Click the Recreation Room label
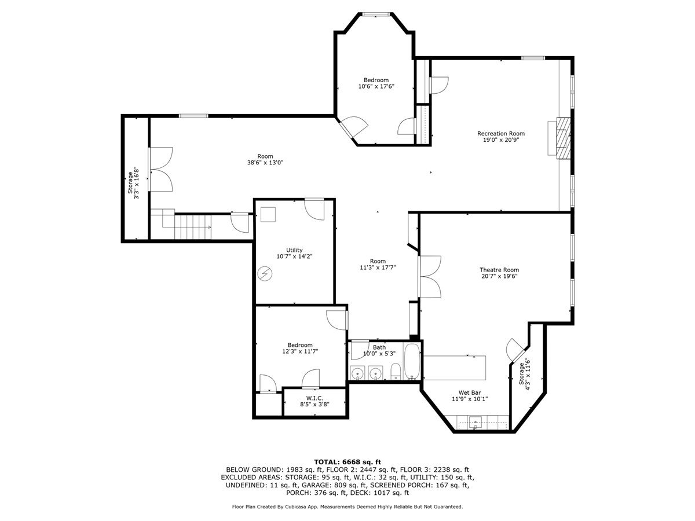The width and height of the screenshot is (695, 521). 500,133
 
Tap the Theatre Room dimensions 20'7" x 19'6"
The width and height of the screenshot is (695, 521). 499,277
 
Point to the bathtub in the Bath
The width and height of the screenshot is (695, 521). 412,363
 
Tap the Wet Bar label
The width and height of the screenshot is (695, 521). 470,392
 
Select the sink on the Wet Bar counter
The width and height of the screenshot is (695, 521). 475,422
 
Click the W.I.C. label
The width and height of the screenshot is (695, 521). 314,398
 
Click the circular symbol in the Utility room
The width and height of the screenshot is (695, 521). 265,273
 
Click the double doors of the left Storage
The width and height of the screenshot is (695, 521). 160,169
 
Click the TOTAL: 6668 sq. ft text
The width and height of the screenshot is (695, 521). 348,461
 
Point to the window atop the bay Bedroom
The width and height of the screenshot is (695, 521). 376,13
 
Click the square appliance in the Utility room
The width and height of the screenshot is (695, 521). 268,215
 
